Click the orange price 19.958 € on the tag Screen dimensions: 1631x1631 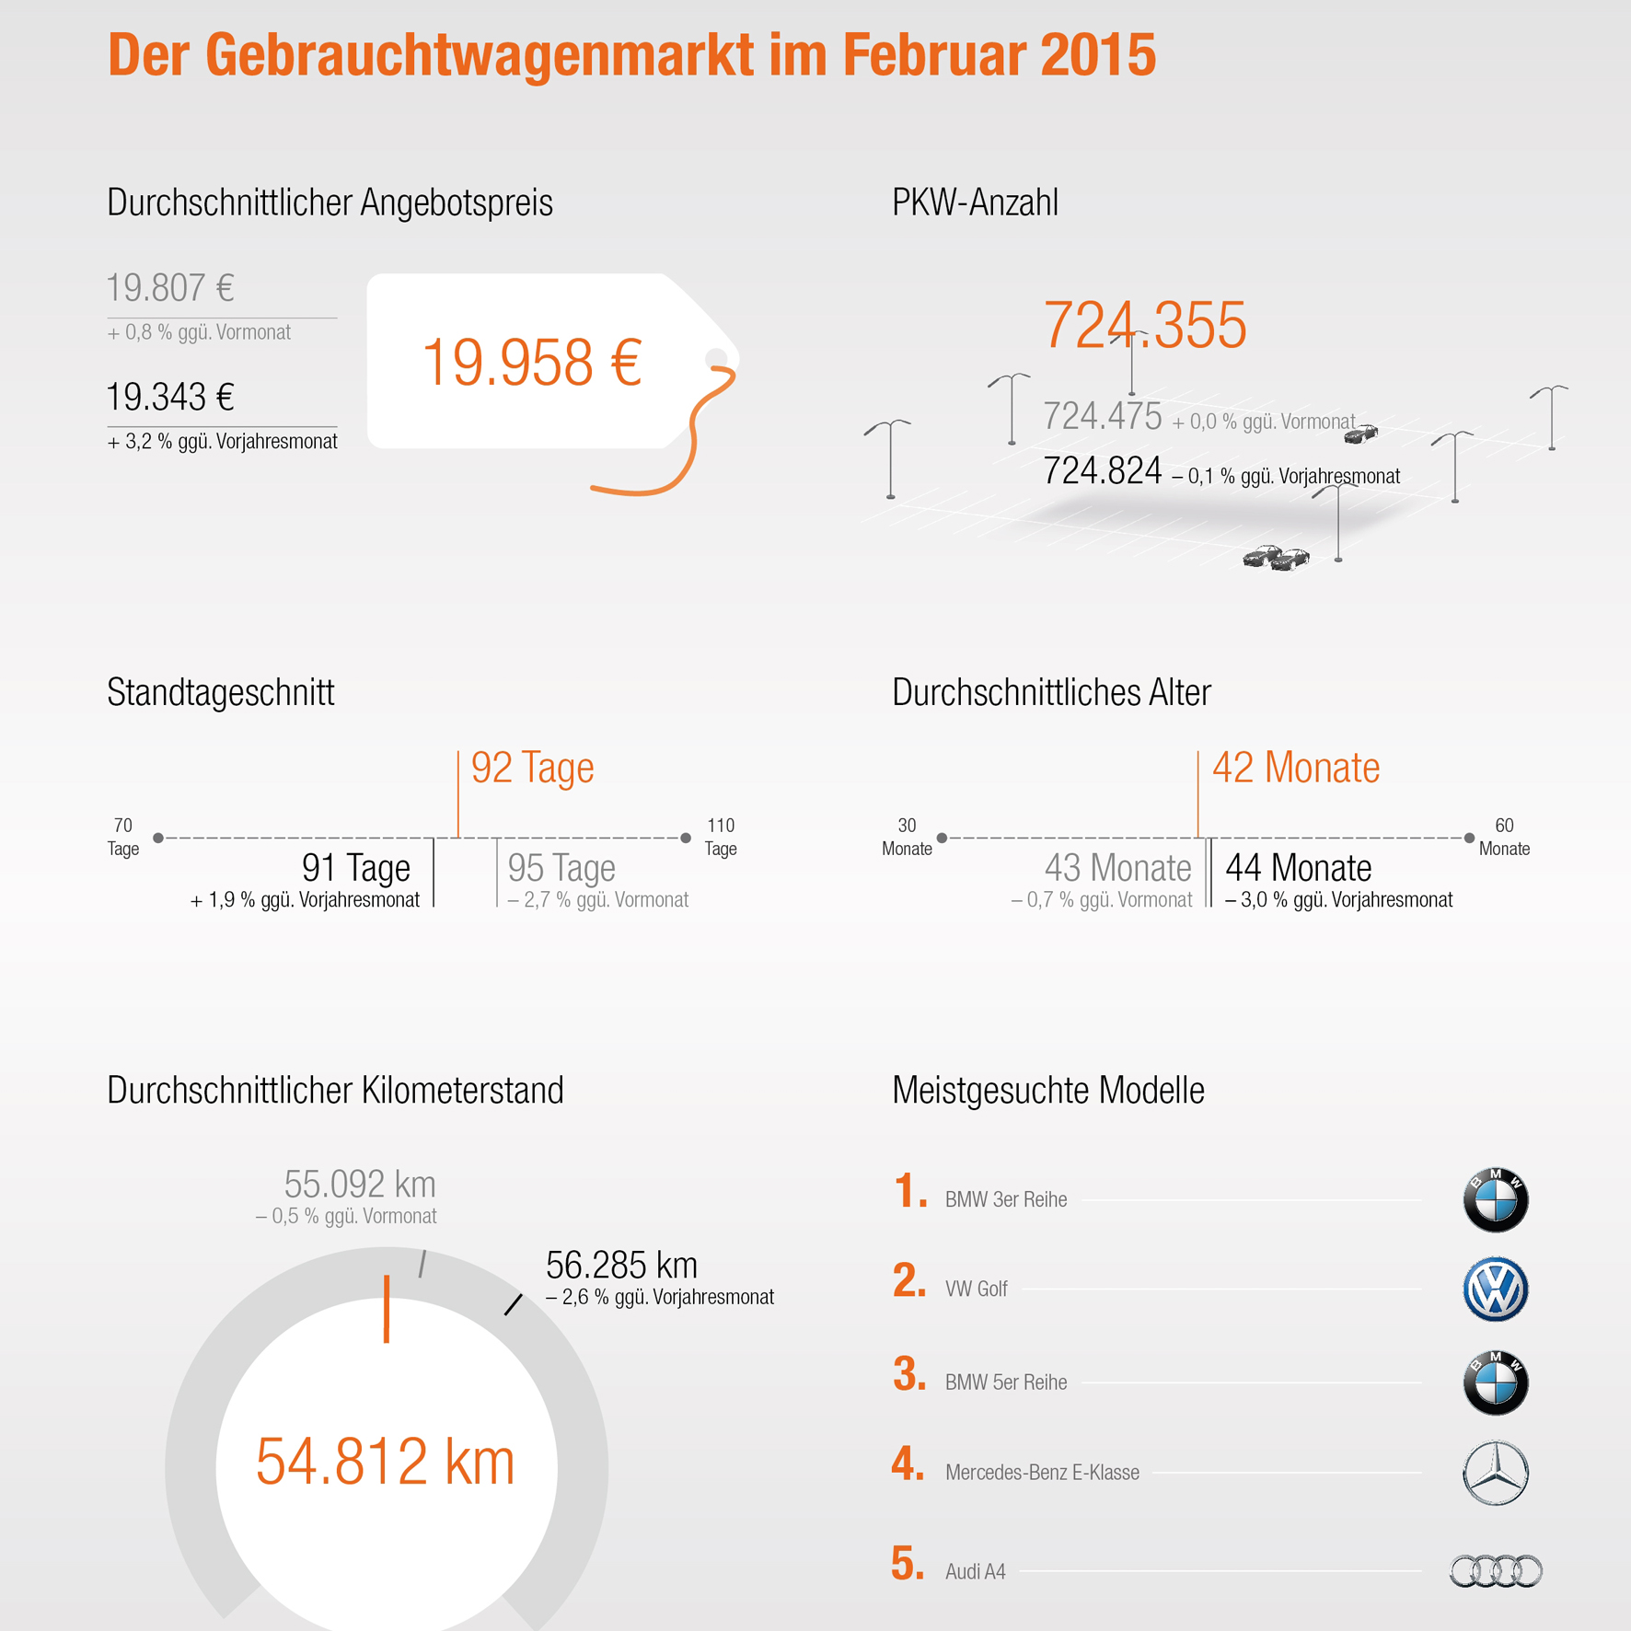point(531,363)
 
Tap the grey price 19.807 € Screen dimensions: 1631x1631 point(170,288)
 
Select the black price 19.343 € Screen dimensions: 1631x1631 point(170,398)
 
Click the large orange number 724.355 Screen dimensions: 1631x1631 point(1145,325)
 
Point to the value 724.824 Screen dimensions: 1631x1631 point(1103,471)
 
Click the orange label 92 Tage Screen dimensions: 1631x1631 point(532,768)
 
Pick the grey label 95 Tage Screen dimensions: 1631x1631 point(561,868)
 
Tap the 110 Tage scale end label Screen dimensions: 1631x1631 point(721,837)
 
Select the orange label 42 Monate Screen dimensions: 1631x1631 point(1296,768)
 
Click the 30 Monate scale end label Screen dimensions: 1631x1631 point(907,837)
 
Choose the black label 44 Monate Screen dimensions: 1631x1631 point(1299,868)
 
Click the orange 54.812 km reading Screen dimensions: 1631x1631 point(385,1462)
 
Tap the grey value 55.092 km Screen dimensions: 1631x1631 point(360,1184)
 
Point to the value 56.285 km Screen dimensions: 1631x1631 point(621,1266)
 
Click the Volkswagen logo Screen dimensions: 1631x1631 point(1496,1290)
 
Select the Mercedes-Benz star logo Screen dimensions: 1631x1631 point(1496,1473)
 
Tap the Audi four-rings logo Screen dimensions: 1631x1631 point(1496,1571)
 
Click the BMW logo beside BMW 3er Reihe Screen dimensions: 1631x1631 point(1496,1200)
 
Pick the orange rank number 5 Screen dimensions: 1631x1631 point(908,1564)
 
